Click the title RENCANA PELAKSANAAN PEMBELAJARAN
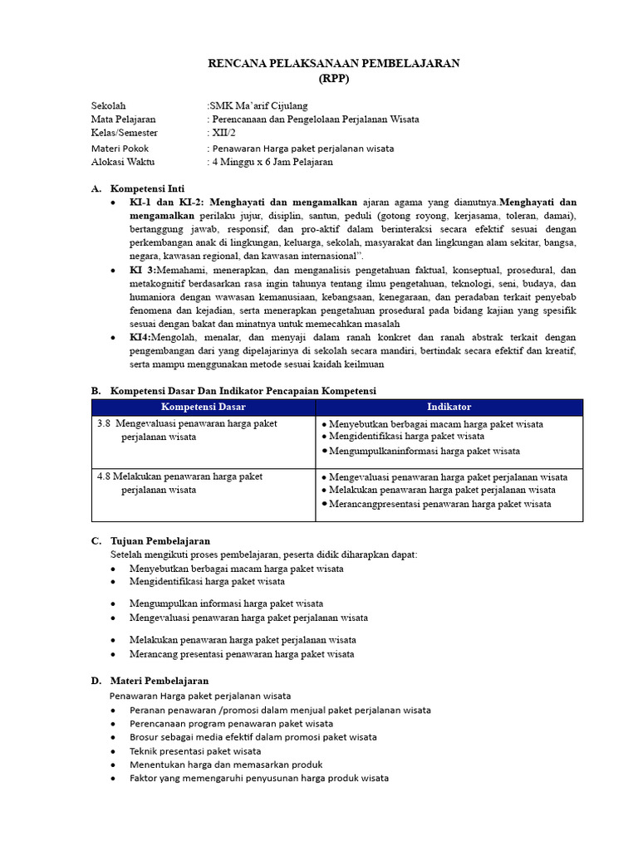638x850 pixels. pos(333,64)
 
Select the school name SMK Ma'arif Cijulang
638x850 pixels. pos(258,105)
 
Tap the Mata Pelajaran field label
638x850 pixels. pos(123,120)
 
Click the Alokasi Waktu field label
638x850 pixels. pos(122,162)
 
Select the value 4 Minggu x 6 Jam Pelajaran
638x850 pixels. pos(272,162)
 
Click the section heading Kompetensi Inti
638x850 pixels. pos(148,188)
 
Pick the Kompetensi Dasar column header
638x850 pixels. pos(204,407)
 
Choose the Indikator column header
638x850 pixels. pos(449,407)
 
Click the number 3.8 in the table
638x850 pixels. pos(104,423)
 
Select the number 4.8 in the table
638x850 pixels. pos(104,477)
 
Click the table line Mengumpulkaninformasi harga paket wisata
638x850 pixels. pos(425,451)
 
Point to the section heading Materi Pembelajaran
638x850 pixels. pos(160,681)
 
